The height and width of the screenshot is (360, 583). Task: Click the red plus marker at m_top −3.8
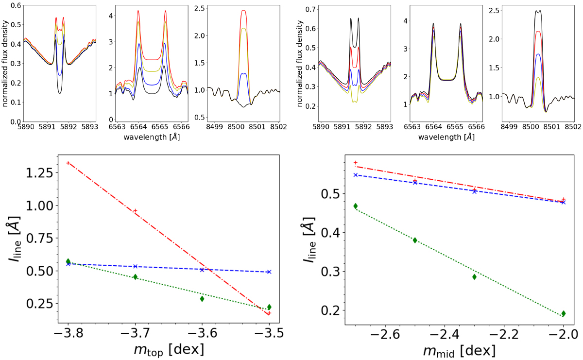pos(68,163)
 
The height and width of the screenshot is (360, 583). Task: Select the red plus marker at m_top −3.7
pos(135,210)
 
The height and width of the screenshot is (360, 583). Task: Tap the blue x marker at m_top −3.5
pos(269,272)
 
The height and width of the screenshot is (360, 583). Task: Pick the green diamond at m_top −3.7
pos(135,277)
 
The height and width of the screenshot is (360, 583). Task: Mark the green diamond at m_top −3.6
pos(202,299)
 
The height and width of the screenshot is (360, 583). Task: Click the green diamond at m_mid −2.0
pos(563,313)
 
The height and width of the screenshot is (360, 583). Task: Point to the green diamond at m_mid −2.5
pos(415,240)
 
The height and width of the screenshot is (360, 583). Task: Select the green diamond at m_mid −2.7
pos(356,206)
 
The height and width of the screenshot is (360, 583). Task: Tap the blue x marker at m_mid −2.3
pos(474,191)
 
